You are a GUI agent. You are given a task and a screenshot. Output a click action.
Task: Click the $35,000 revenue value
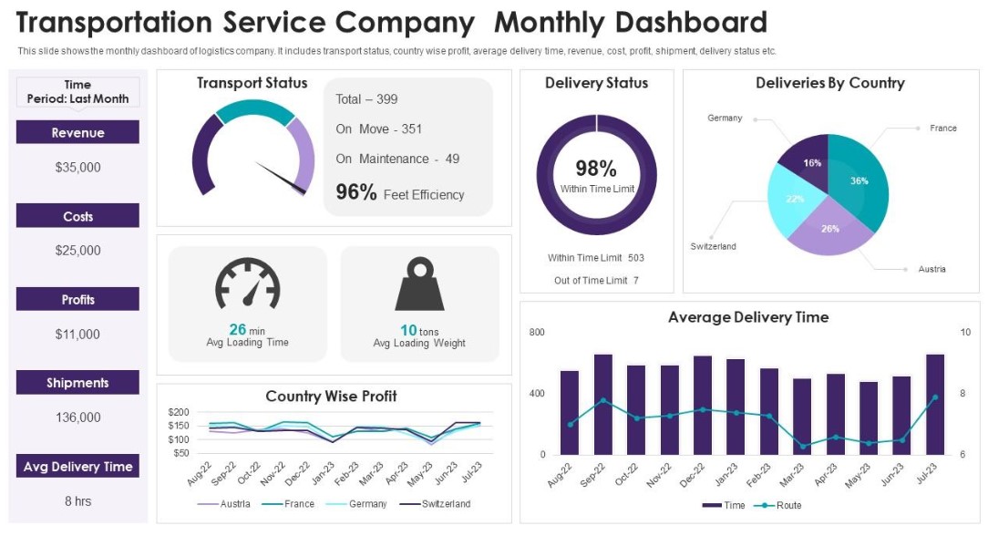77,168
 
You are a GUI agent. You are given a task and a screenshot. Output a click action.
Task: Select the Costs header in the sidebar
77,216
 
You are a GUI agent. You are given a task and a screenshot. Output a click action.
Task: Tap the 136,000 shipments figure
77,417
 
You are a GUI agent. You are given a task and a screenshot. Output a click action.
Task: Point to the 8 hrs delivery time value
77,501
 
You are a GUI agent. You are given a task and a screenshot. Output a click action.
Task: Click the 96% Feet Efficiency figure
399,192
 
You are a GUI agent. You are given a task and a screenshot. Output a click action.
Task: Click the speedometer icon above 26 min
247,285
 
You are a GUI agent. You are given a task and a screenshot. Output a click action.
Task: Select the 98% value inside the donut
596,169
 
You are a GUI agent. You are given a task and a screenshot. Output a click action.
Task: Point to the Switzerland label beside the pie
713,247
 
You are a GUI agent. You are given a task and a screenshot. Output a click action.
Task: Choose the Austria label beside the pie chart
931,269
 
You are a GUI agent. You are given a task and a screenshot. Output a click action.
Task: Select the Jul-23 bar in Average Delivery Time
935,404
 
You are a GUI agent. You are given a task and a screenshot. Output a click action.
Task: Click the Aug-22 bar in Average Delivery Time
570,412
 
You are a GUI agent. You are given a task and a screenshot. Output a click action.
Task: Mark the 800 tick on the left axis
536,333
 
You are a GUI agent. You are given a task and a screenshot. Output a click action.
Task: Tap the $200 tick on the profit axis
179,413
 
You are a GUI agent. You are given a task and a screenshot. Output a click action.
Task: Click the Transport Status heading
252,83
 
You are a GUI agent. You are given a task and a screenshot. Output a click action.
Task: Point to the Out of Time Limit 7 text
596,281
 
